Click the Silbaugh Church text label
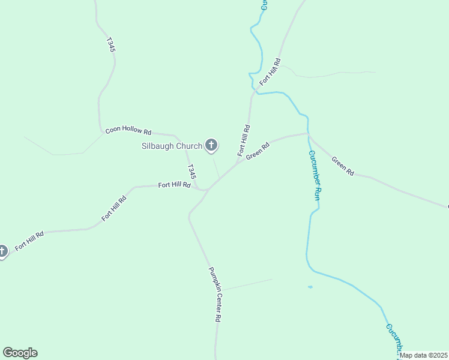tap(172, 146)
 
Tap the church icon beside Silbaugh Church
tap(211, 145)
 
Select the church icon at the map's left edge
tap(2, 251)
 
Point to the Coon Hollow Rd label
tap(128, 130)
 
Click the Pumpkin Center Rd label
tap(214, 295)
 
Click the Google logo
tap(20, 353)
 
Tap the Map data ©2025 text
tap(423, 355)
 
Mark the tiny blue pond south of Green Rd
tap(310, 287)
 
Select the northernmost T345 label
tap(110, 45)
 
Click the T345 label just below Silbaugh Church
tap(191, 172)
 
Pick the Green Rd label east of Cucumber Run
tap(342, 166)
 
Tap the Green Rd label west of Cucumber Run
tap(256, 151)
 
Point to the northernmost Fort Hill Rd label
tap(270, 71)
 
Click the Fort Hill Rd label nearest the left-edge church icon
tap(29, 241)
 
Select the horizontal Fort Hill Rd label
tap(174, 185)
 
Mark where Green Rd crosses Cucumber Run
tap(308, 134)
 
